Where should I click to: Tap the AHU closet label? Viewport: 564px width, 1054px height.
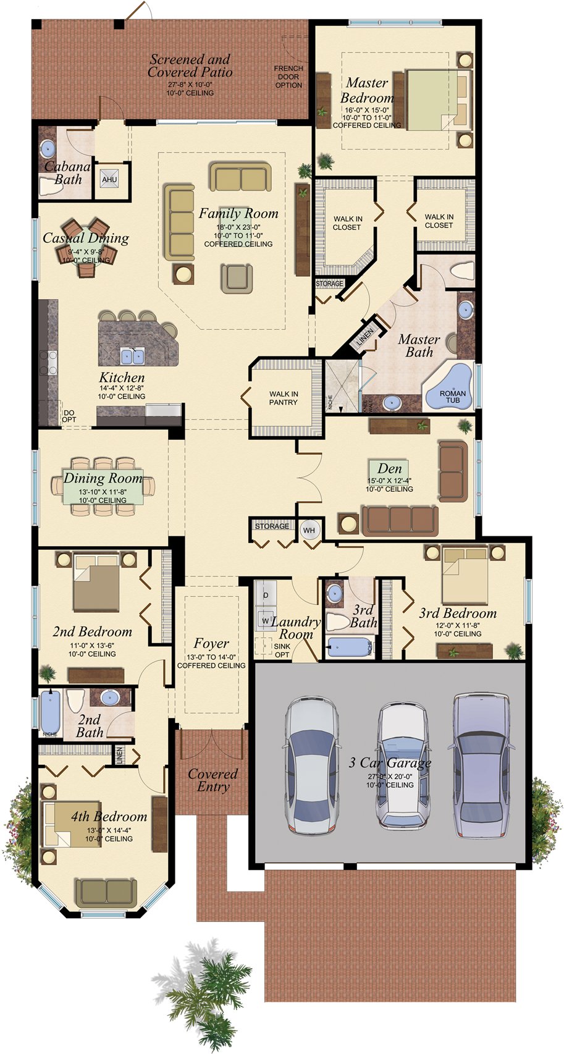coord(109,180)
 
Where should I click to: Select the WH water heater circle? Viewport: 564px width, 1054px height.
coord(309,530)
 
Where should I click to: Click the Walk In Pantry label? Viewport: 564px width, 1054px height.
coord(284,398)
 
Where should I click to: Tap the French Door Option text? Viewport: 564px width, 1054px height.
coord(288,77)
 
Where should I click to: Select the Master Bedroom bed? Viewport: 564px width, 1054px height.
coord(436,100)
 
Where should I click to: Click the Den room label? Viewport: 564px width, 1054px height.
coord(389,469)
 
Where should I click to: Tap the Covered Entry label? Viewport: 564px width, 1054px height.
coord(213,780)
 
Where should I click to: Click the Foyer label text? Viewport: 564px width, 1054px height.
coord(211,643)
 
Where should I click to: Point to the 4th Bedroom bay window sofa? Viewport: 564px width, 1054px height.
coord(106,893)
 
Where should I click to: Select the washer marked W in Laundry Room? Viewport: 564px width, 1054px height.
coord(266,620)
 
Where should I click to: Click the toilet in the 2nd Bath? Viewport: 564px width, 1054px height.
coord(75,702)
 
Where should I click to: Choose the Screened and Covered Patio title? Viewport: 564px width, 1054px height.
coord(190,65)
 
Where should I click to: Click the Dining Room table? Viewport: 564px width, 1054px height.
coord(103,486)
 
